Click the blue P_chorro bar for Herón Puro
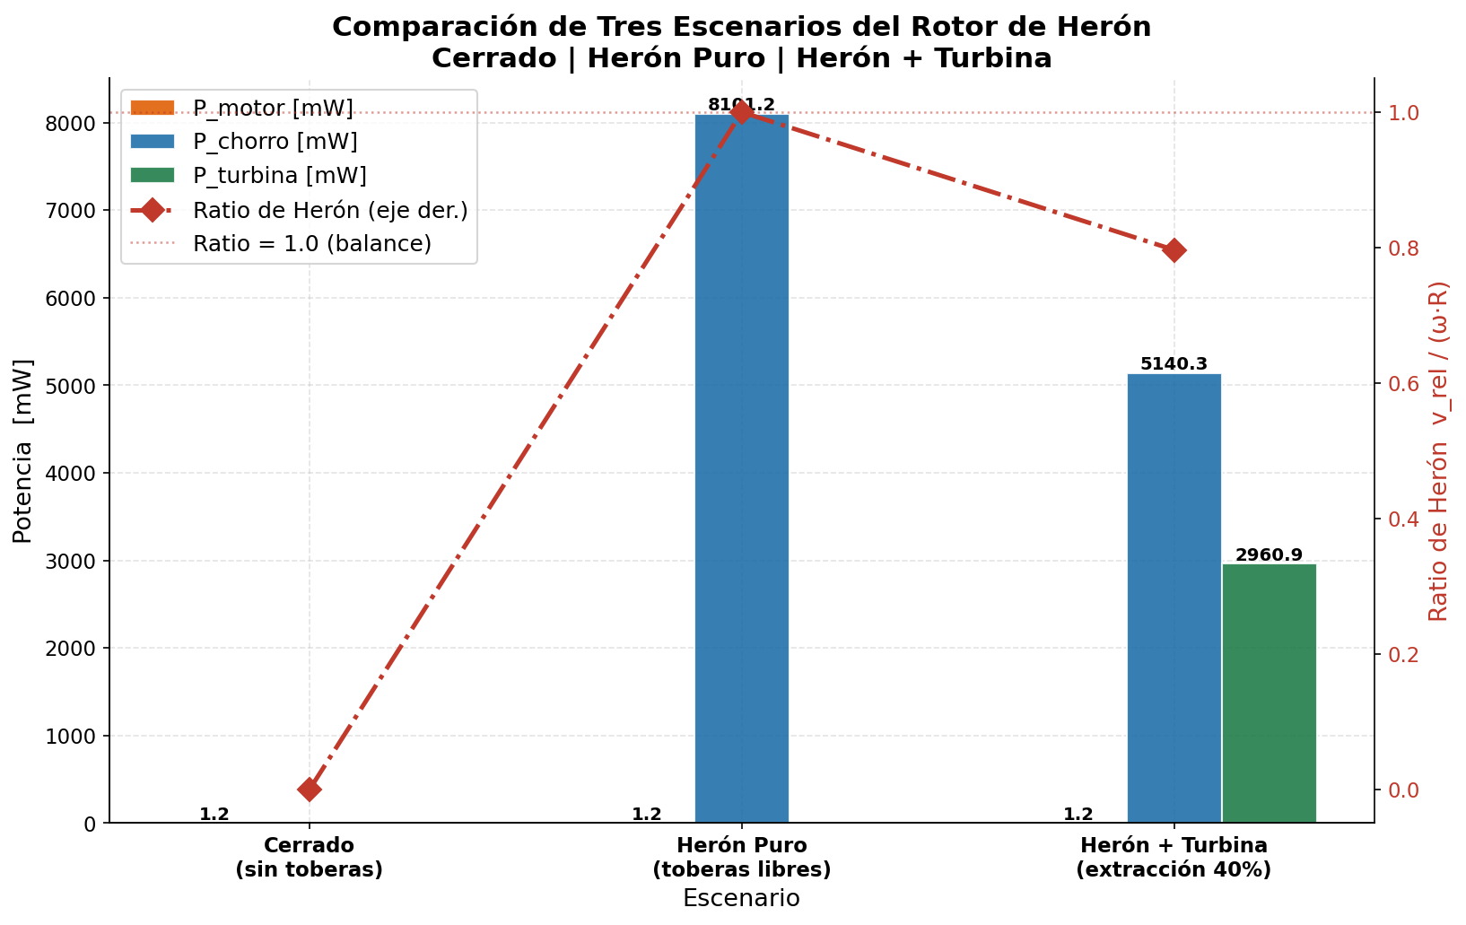point(741,467)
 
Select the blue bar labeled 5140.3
point(1174,598)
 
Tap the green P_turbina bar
point(1269,693)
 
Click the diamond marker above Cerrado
point(310,790)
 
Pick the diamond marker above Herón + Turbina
point(1174,250)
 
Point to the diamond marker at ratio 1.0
point(742,112)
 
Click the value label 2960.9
point(1269,555)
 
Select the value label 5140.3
point(1174,364)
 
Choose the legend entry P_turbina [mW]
point(279,176)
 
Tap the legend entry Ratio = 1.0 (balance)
point(311,243)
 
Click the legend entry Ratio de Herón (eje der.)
point(329,210)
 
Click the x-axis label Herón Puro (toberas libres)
point(741,858)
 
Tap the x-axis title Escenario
point(741,898)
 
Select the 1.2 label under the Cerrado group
point(214,815)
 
